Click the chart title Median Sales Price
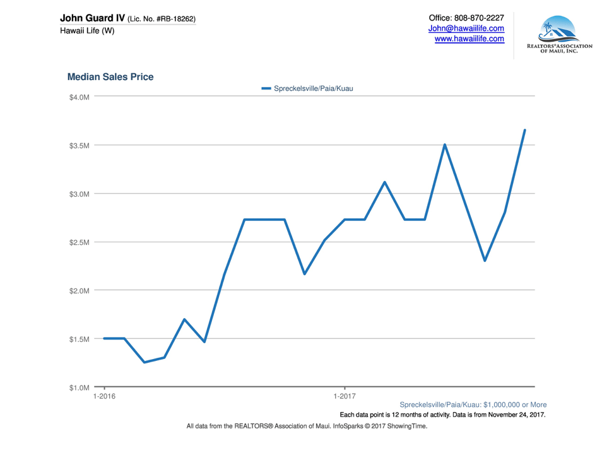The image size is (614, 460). pyautogui.click(x=110, y=77)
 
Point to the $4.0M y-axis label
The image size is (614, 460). pyautogui.click(x=80, y=97)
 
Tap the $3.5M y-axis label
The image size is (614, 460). pyautogui.click(x=80, y=145)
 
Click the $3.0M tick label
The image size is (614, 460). pyautogui.click(x=80, y=194)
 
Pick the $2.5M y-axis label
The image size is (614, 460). pyautogui.click(x=80, y=242)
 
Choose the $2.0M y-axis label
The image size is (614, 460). pyautogui.click(x=80, y=291)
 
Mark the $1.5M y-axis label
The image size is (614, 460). pyautogui.click(x=80, y=339)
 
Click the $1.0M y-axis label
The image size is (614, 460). pyautogui.click(x=80, y=387)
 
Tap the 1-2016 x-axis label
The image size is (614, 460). pyautogui.click(x=104, y=397)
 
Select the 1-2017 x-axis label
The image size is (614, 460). pyautogui.click(x=345, y=397)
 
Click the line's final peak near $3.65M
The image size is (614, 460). pyautogui.click(x=524, y=131)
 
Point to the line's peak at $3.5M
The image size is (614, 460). pyautogui.click(x=445, y=145)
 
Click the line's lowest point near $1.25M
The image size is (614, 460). pyautogui.click(x=145, y=362)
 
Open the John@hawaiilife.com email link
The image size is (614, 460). pyautogui.click(x=466, y=28)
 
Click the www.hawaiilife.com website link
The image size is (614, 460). pyautogui.click(x=469, y=39)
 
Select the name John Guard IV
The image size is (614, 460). pyautogui.click(x=92, y=18)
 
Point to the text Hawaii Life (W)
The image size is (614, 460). pyautogui.click(x=87, y=31)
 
